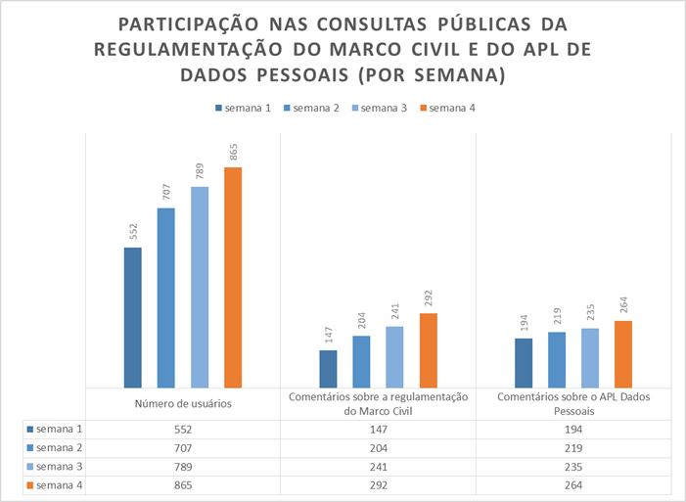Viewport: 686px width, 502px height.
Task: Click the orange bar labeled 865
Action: (x=233, y=278)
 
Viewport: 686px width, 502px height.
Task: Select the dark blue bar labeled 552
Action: (x=132, y=318)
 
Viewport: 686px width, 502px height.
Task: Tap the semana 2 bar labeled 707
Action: (x=165, y=298)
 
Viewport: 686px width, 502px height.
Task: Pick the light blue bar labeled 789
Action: (x=200, y=288)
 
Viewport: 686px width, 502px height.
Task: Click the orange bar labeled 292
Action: (x=429, y=350)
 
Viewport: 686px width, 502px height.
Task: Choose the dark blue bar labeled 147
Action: (x=328, y=369)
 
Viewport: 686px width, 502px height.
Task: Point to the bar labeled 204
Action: (x=361, y=362)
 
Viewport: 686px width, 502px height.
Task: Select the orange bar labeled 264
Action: (x=623, y=354)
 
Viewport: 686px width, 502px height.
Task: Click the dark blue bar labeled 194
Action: (x=524, y=363)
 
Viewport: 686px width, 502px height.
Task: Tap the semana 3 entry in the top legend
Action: (x=383, y=108)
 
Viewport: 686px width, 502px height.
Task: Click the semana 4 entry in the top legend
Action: (x=451, y=108)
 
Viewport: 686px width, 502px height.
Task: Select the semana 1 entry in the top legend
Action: (x=246, y=108)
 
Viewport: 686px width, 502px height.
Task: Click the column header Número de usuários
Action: (x=183, y=404)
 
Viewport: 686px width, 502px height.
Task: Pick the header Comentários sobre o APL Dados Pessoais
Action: (x=573, y=404)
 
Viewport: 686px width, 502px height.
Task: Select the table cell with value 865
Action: (x=183, y=483)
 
